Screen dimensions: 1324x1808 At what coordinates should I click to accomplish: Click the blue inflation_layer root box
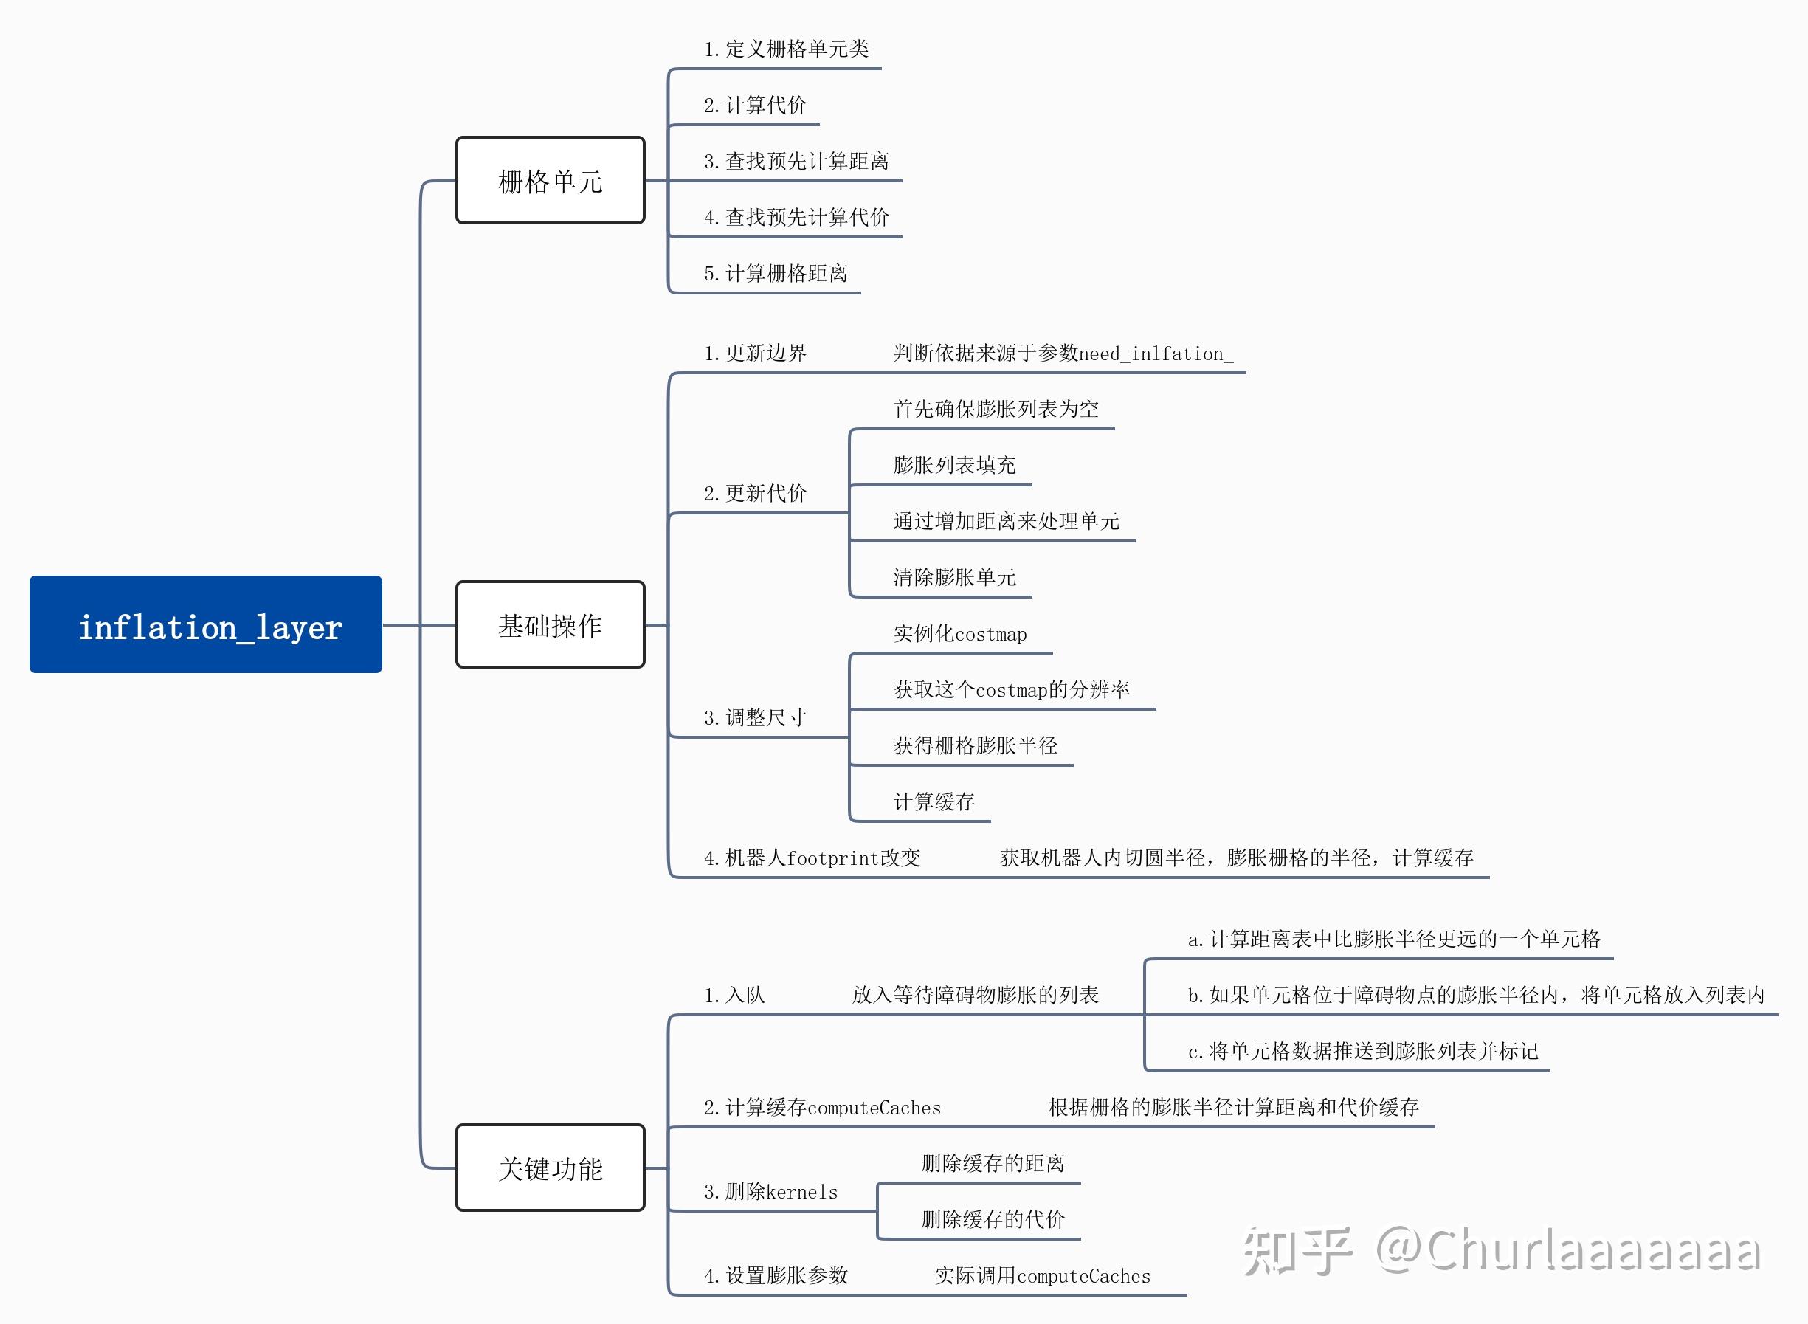pyautogui.click(x=205, y=624)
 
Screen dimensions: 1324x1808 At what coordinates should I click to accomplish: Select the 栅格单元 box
pyautogui.click(x=550, y=180)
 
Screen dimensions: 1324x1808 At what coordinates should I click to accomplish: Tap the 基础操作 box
pyautogui.click(x=550, y=624)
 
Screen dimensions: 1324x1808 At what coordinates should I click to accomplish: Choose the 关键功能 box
pyautogui.click(x=550, y=1168)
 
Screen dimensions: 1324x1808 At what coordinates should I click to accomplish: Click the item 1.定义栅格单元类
pyautogui.click(x=786, y=49)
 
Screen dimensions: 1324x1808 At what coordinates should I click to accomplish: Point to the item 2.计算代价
pyautogui.click(x=755, y=105)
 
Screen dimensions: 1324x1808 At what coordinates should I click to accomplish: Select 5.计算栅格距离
pyautogui.click(x=776, y=273)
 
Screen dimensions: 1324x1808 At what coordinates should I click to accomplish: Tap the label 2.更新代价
pyautogui.click(x=755, y=493)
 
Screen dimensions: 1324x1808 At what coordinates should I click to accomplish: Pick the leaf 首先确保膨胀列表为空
pyautogui.click(x=996, y=409)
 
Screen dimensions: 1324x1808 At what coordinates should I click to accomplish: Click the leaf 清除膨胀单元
pyautogui.click(x=954, y=577)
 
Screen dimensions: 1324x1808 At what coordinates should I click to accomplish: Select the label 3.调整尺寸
pyautogui.click(x=755, y=717)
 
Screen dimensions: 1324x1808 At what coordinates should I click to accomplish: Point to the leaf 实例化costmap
pyautogui.click(x=960, y=633)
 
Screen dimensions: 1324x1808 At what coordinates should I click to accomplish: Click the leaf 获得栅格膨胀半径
pyautogui.click(x=976, y=745)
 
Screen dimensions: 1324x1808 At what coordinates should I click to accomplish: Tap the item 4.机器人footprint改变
pyautogui.click(x=812, y=858)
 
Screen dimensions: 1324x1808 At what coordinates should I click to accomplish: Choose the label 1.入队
pyautogui.click(x=734, y=995)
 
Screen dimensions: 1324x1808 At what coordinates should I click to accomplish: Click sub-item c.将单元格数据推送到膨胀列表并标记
pyautogui.click(x=1362, y=1051)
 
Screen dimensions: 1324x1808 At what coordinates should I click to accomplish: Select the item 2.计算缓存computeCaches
pyautogui.click(x=822, y=1107)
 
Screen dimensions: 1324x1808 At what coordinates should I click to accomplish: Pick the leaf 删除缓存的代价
pyautogui.click(x=993, y=1219)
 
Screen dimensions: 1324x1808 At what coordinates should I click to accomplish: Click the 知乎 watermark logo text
pyautogui.click(x=1297, y=1250)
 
